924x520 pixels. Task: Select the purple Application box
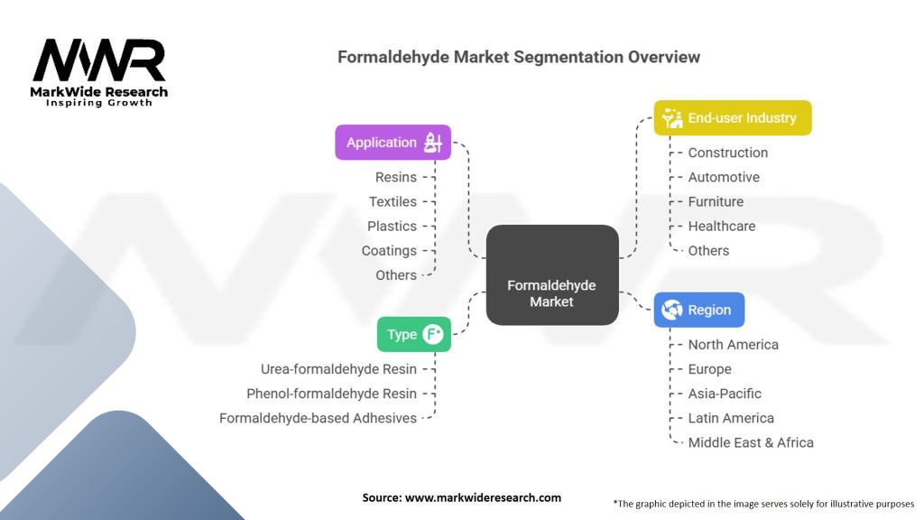(393, 143)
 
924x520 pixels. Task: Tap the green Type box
(413, 334)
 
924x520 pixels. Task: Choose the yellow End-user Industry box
(732, 118)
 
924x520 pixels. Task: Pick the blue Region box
(698, 310)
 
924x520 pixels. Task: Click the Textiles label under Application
(393, 201)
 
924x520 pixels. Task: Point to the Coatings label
(389, 250)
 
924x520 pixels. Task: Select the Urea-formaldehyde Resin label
(338, 368)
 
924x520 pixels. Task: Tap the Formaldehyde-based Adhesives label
(318, 418)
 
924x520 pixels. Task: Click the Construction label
(727, 153)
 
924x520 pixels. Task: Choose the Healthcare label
(722, 226)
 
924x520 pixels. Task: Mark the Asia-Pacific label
(725, 394)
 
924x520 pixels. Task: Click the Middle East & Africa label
(751, 442)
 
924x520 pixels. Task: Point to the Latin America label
(731, 418)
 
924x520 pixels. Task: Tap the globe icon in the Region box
(671, 310)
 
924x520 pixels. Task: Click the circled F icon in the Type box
(433, 334)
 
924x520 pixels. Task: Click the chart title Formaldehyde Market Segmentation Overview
(519, 57)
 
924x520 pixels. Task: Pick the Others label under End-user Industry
(708, 250)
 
